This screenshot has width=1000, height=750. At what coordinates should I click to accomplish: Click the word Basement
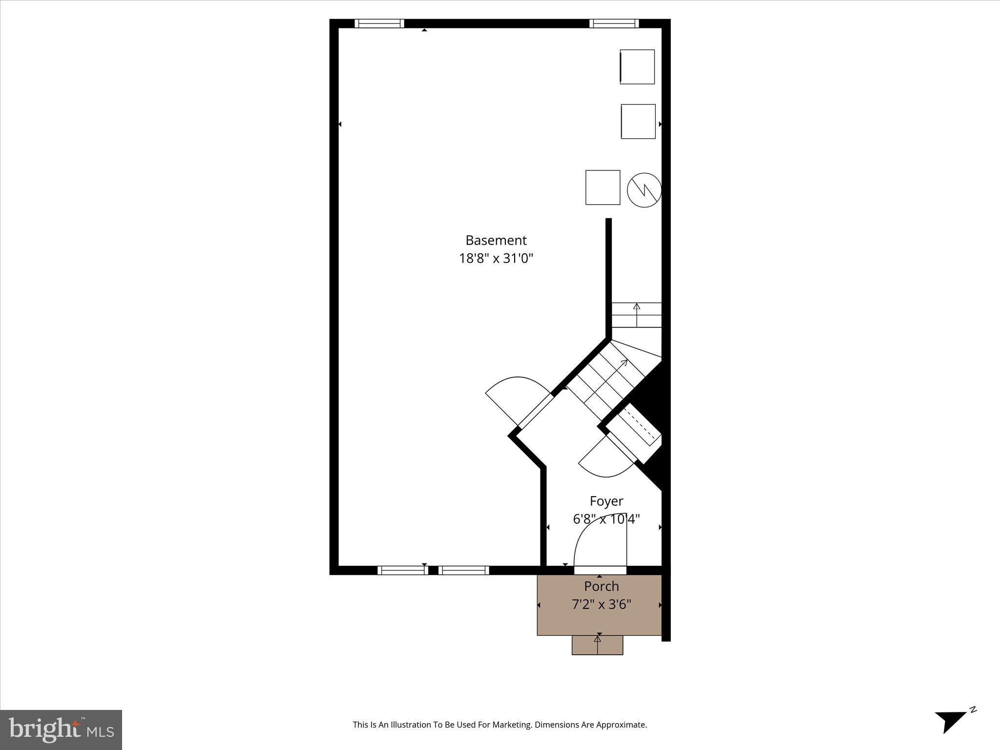[x=496, y=240]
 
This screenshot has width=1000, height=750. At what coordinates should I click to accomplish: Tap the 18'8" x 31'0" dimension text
[x=496, y=258]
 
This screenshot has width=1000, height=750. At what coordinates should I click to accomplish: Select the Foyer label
[x=606, y=501]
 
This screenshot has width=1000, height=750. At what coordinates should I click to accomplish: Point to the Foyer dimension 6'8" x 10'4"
[x=606, y=519]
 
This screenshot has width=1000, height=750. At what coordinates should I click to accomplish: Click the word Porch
[x=601, y=586]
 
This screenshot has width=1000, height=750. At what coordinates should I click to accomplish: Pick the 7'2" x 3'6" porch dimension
[x=601, y=604]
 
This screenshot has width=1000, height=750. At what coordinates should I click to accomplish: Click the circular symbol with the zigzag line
[x=644, y=189]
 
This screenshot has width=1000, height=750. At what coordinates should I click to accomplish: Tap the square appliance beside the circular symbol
[x=603, y=187]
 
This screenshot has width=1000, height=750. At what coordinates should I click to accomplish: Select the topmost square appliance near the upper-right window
[x=637, y=67]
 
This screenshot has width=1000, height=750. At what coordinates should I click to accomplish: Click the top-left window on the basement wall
[x=379, y=23]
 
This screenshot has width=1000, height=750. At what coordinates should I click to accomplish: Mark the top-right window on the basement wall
[x=614, y=23]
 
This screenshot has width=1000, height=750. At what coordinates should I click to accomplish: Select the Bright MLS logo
[x=61, y=729]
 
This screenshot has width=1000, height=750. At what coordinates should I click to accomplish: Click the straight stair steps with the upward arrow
[x=636, y=314]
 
